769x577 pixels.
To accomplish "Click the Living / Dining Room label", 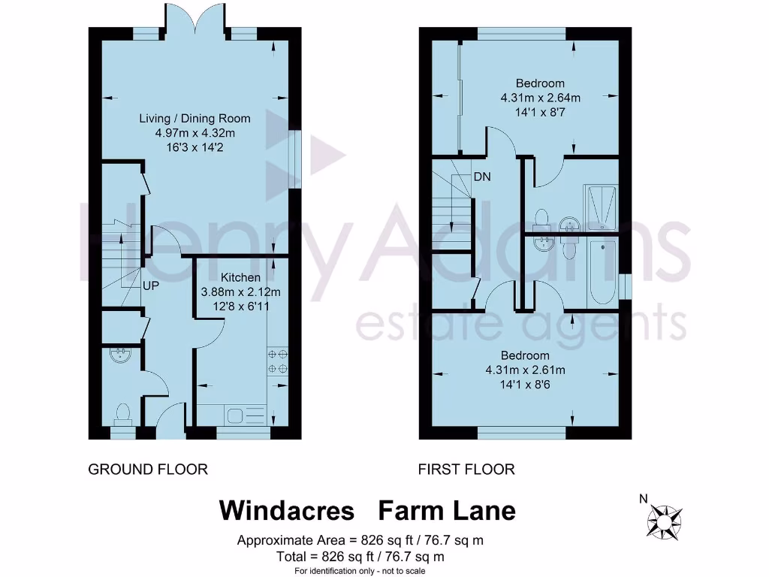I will tap(195, 118).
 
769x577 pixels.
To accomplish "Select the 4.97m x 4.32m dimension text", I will tap(195, 133).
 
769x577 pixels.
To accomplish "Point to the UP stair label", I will tap(151, 286).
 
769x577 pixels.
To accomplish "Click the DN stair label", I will tap(482, 177).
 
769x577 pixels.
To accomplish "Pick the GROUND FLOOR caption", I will tap(148, 470).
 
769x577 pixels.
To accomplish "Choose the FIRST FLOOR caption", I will tap(466, 470).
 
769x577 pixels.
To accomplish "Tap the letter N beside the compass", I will tap(643, 497).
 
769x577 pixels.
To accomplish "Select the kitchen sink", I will tap(246, 415).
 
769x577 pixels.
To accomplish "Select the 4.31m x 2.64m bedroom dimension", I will tap(540, 98).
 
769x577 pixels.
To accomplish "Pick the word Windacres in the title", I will tap(286, 511).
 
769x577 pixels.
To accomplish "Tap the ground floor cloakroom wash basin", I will tap(120, 354).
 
